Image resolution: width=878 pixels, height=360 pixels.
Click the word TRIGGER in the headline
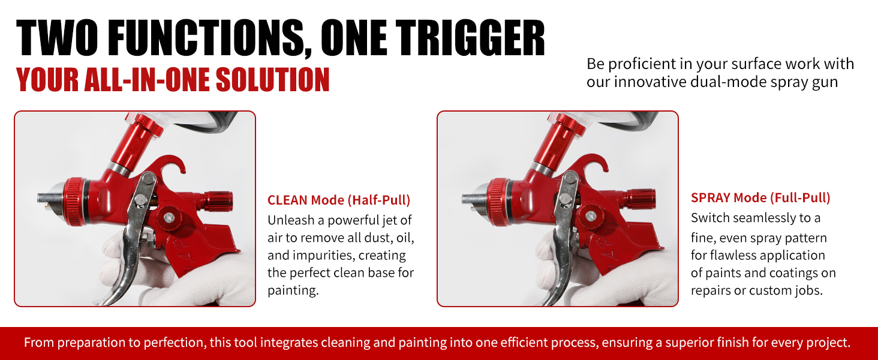[470, 38]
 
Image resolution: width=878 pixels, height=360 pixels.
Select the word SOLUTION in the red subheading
[272, 80]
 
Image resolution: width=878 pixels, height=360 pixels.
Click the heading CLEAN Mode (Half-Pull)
[339, 200]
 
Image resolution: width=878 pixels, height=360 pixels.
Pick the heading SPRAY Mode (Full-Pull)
[760, 197]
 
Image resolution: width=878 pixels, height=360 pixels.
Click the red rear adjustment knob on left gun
[217, 202]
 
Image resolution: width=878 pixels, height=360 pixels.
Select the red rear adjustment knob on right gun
[641, 199]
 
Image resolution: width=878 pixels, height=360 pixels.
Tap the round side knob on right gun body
[591, 215]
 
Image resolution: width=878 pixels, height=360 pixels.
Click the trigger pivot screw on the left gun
[148, 178]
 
